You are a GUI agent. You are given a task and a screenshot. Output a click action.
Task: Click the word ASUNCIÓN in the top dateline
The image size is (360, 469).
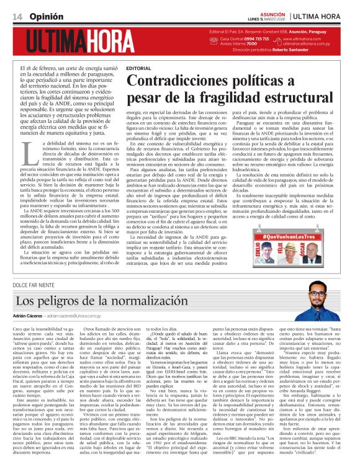pos(269,12)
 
